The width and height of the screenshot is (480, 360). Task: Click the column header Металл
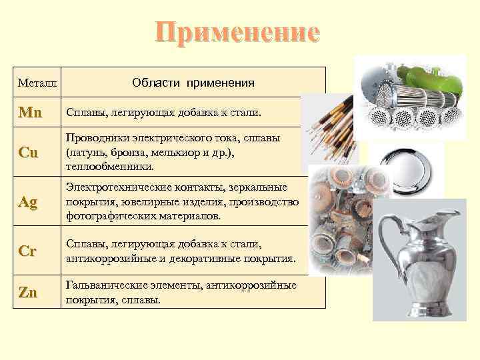[x=37, y=85]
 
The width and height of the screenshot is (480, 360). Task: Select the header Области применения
[x=193, y=83]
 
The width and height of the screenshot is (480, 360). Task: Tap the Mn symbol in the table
[x=30, y=113]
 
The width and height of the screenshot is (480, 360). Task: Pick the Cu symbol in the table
[x=29, y=152]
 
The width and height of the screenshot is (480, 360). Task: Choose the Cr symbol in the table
[x=28, y=252]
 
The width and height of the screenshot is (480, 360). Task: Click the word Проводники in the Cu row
[x=92, y=138]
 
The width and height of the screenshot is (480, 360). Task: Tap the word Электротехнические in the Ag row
[x=111, y=188]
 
